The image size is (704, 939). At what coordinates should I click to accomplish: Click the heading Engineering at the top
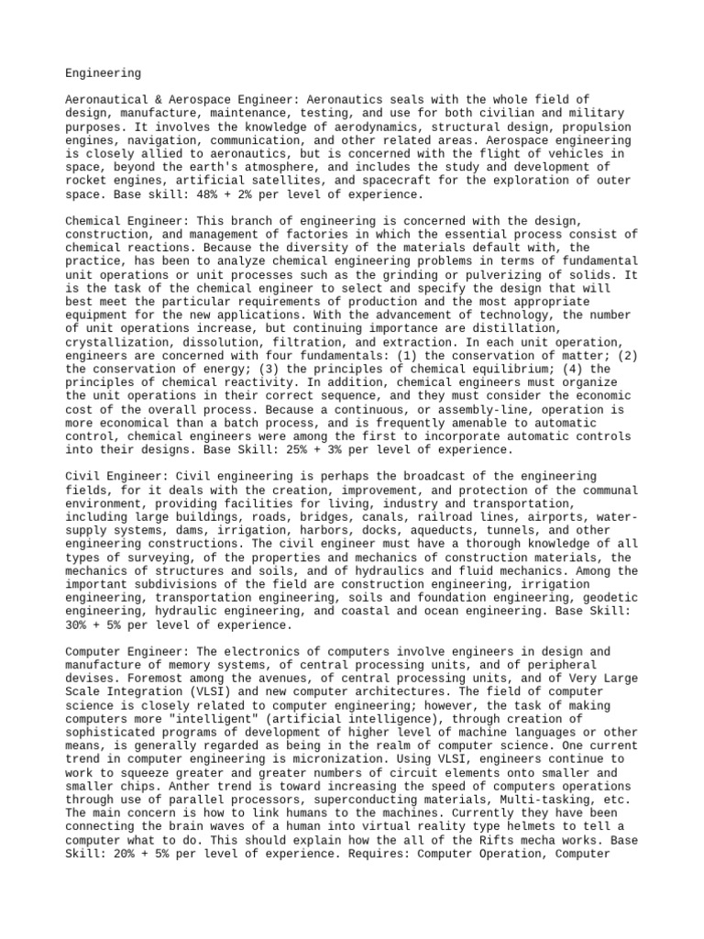tap(104, 72)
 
